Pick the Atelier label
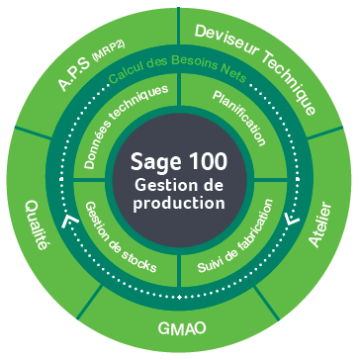click(x=318, y=228)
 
